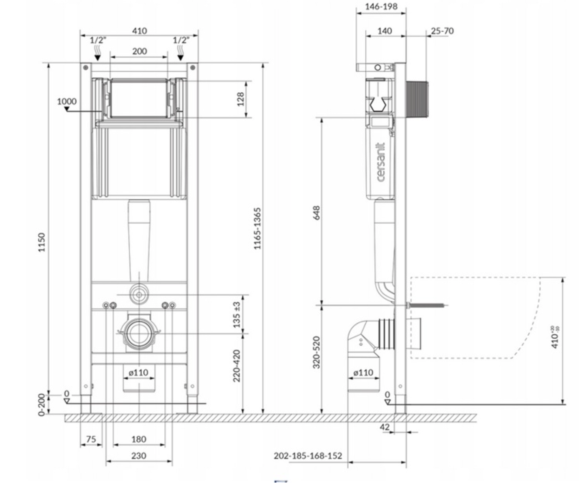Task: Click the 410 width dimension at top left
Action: [x=139, y=30]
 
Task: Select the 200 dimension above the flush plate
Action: [x=139, y=51]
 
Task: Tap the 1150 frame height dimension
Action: [x=42, y=242]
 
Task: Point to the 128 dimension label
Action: [x=241, y=99]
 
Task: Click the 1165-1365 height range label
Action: [x=257, y=228]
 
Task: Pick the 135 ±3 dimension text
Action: [x=237, y=315]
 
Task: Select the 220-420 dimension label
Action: [x=237, y=366]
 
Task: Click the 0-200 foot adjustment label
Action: [x=42, y=405]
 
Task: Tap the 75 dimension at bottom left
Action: [x=91, y=439]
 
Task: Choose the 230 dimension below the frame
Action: [x=138, y=455]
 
